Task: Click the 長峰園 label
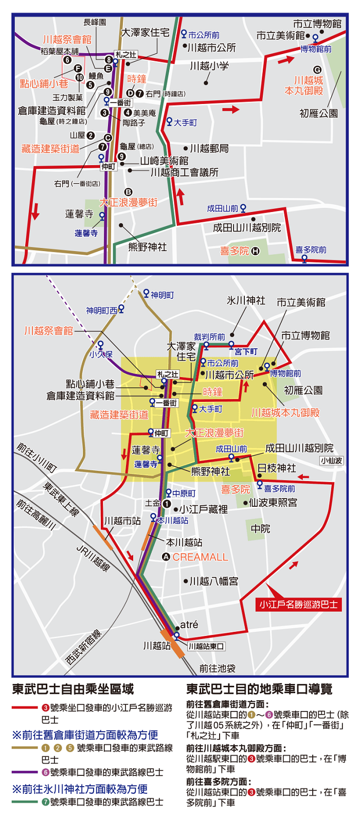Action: pyautogui.click(x=95, y=22)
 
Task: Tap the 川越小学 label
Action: pyautogui.click(x=209, y=66)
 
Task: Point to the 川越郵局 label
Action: pyautogui.click(x=209, y=148)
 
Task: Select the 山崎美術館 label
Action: pyautogui.click(x=164, y=161)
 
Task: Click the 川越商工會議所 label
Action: pyautogui.click(x=184, y=172)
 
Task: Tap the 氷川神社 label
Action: pyautogui.click(x=246, y=300)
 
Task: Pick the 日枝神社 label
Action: pyautogui.click(x=277, y=468)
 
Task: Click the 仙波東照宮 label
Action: pyautogui.click(x=273, y=503)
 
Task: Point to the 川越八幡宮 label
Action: pyautogui.click(x=213, y=581)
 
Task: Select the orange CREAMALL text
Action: pyautogui.click(x=200, y=557)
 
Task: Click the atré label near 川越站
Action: pyautogui.click(x=189, y=625)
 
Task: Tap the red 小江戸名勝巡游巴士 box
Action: pyautogui.click(x=298, y=605)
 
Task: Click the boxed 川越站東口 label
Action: pyautogui.click(x=206, y=646)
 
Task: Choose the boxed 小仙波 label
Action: pyautogui.click(x=332, y=460)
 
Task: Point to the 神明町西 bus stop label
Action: pyautogui.click(x=101, y=310)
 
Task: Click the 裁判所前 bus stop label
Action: pyautogui.click(x=209, y=337)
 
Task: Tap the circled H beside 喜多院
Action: pyautogui.click(x=255, y=252)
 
